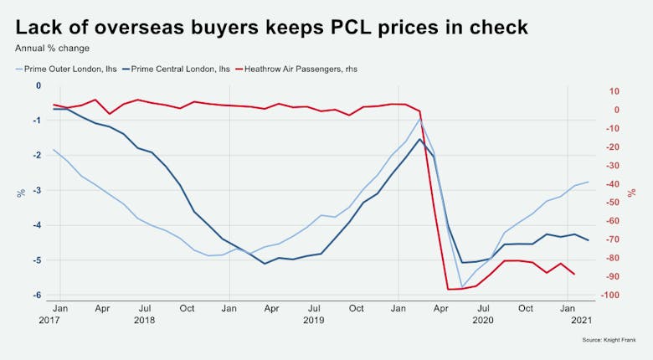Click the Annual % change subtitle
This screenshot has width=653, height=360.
pos(52,48)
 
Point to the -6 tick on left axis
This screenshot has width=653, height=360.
pos(36,296)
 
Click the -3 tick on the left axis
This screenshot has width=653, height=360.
pos(36,191)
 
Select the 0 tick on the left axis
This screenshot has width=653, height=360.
pos(38,86)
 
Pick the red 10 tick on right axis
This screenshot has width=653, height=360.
pos(614,91)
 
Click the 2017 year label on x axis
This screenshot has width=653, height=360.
pos(49,320)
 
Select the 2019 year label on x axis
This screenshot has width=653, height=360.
pos(313,320)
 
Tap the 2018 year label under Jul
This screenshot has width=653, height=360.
pos(144,320)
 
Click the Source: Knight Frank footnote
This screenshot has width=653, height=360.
pos(609,340)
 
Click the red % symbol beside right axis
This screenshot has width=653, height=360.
pos(633,193)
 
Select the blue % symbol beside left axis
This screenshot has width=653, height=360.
pos(21,193)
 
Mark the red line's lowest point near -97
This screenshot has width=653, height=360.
pos(450,290)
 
